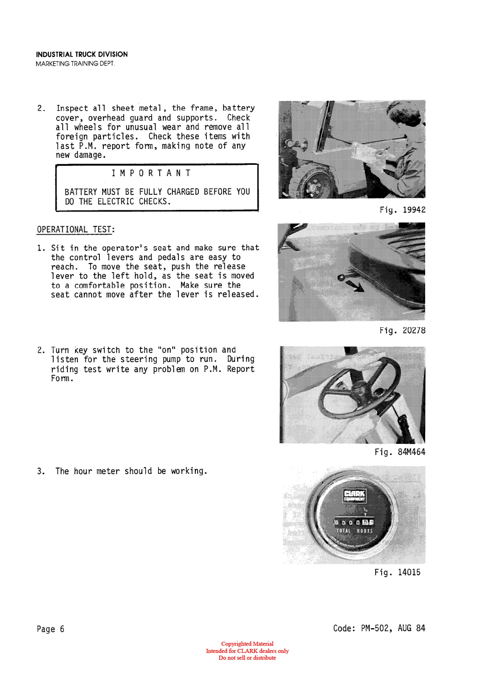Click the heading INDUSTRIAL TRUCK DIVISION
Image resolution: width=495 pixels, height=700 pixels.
[x=82, y=54]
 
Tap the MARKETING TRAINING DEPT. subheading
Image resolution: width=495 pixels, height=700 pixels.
[x=75, y=64]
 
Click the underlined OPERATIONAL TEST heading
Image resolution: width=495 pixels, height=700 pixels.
[x=74, y=229]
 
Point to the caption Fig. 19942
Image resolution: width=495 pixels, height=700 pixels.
[x=402, y=210]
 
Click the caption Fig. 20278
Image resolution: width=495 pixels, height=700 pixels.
[x=402, y=330]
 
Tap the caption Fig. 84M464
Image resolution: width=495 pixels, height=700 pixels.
[x=400, y=452]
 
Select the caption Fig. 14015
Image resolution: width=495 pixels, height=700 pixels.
[x=397, y=572]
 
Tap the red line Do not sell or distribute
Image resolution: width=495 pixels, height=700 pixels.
[x=247, y=658]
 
